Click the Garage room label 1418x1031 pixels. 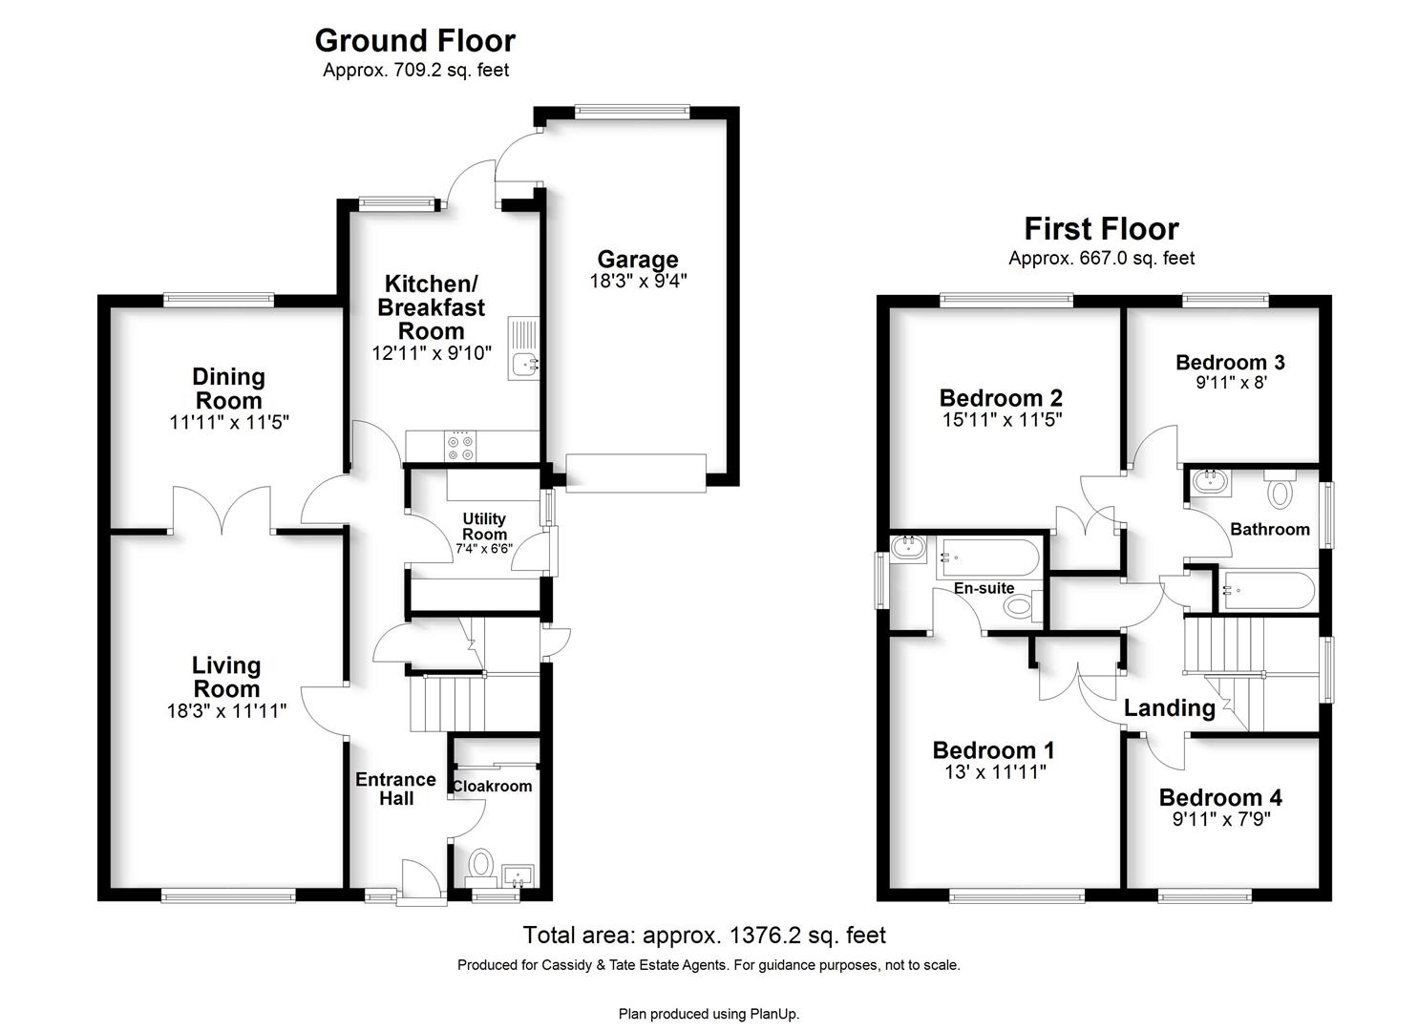pos(638,260)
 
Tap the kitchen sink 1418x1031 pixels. pos(523,348)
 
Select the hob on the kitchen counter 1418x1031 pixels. pos(460,447)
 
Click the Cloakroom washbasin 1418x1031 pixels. pos(519,876)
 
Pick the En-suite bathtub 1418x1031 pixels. pos(987,558)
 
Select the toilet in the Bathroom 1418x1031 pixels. pos(1280,490)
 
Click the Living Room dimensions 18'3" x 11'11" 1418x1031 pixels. pos(226,711)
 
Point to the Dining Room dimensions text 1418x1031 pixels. pos(229,422)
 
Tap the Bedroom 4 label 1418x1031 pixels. pos(1220,797)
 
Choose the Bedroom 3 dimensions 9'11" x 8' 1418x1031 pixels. pos(1231,382)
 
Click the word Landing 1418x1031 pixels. pos(1169,708)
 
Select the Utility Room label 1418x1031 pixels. pos(484,526)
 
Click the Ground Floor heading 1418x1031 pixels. pos(415,41)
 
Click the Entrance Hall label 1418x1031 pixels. pos(395,789)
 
